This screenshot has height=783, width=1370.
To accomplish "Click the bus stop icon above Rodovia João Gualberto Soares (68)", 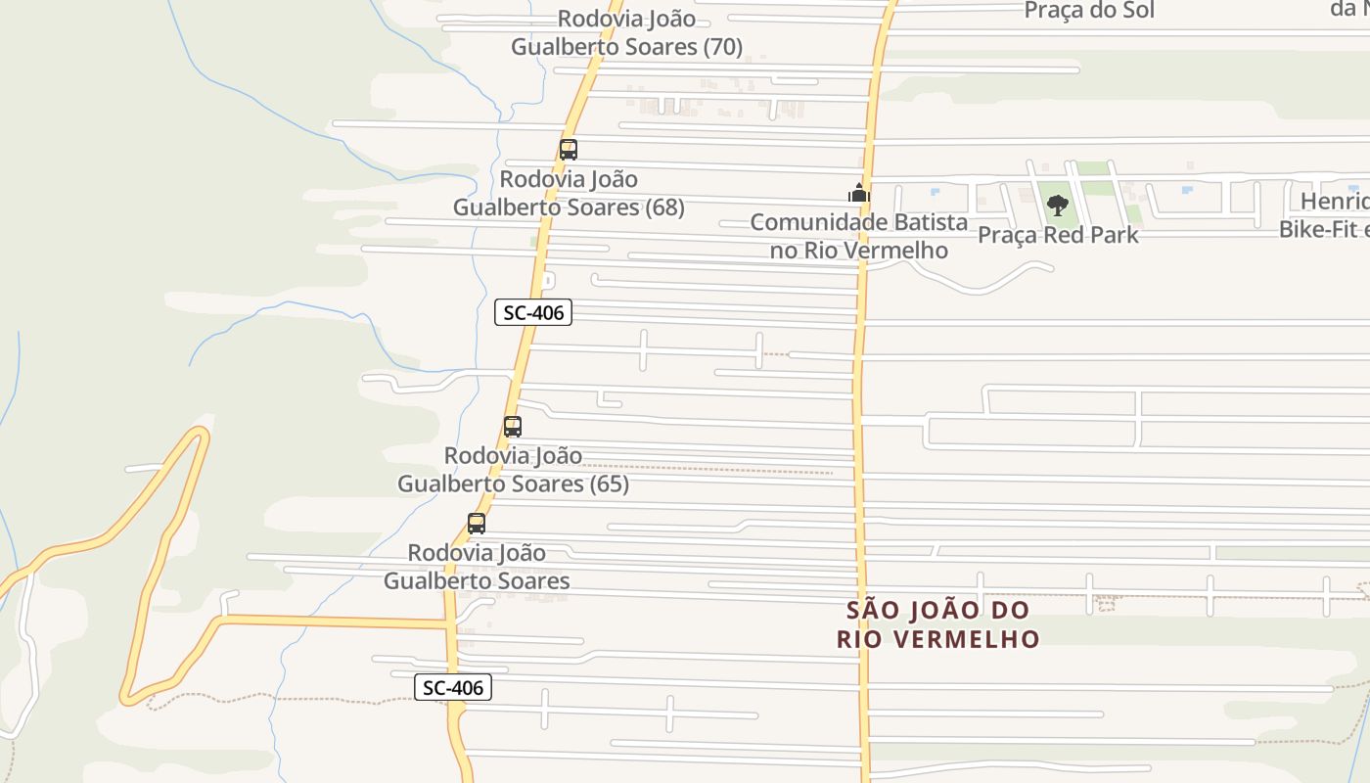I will coord(569,150).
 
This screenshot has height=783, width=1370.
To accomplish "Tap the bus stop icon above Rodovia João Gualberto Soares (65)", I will coord(513,427).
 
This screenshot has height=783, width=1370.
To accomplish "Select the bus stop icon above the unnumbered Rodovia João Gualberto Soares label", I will coord(477,524).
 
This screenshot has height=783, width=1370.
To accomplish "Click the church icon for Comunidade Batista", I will coord(859,193).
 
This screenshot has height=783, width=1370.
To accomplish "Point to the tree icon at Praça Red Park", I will coord(1057,206).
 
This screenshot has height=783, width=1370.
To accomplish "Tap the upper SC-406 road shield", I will coord(533,313).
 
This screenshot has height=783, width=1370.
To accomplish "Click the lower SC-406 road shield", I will coord(453,688).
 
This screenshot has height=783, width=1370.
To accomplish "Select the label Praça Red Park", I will coord(1058,235).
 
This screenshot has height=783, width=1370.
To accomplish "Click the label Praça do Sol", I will coord(1089,11).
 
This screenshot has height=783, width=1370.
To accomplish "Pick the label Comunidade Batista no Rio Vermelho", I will coord(859,236).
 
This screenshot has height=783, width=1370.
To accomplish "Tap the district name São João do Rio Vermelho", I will coord(938,624).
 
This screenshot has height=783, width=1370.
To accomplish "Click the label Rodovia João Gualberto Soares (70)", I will coord(626,32).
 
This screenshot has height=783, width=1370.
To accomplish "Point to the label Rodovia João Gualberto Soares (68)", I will coord(569,193).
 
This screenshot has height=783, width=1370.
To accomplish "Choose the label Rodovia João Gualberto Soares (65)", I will coord(513,470).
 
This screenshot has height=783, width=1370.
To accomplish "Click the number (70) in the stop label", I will coord(723,46).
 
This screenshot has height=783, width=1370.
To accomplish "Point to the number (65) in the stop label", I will coord(609,484).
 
